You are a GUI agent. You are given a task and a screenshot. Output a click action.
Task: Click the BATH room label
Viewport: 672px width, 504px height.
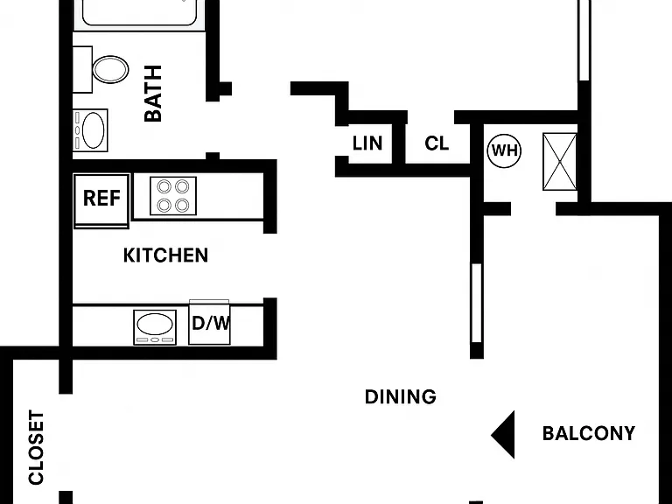[x=153, y=94]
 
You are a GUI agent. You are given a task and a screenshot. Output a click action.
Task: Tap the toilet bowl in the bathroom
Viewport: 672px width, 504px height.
[x=110, y=69]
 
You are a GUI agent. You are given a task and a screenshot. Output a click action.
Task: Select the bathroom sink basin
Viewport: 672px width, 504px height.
[x=93, y=130]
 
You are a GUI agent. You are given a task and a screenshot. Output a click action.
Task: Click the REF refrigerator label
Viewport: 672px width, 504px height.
[x=101, y=198]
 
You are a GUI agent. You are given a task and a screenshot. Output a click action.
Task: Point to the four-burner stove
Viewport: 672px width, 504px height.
[x=173, y=196]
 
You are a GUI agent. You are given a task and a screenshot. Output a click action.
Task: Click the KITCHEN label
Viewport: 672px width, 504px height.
[x=166, y=255]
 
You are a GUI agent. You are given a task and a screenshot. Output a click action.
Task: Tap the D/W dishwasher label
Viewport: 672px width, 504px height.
[x=211, y=323]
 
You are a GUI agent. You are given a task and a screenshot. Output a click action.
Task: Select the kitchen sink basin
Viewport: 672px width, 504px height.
[x=155, y=324]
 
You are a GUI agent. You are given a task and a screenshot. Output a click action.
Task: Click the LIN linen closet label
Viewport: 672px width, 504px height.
[x=367, y=143]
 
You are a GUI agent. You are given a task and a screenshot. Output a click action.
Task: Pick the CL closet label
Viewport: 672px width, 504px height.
[x=437, y=143]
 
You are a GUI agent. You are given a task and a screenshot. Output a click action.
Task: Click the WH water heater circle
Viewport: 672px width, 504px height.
[x=504, y=150]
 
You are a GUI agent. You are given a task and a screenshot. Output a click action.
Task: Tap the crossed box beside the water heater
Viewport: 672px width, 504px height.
[x=560, y=162]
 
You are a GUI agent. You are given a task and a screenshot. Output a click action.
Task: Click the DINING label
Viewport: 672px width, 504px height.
[x=401, y=397]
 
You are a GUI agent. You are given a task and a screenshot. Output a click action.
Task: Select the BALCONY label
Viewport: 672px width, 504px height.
[x=589, y=433]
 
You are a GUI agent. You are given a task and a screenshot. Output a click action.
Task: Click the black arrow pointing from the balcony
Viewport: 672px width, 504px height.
[x=503, y=435]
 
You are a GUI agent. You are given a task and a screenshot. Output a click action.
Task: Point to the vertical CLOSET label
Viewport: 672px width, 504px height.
[x=37, y=447]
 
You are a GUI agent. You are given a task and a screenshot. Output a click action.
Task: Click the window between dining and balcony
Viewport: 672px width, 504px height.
[x=477, y=303]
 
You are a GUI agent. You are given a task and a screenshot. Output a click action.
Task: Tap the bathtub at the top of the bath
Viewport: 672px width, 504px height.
[x=140, y=13]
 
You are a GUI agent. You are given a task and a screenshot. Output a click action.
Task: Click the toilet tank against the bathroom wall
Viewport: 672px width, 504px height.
[x=82, y=69]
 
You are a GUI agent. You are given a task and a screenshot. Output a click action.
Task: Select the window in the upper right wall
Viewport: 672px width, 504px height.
[x=584, y=40]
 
